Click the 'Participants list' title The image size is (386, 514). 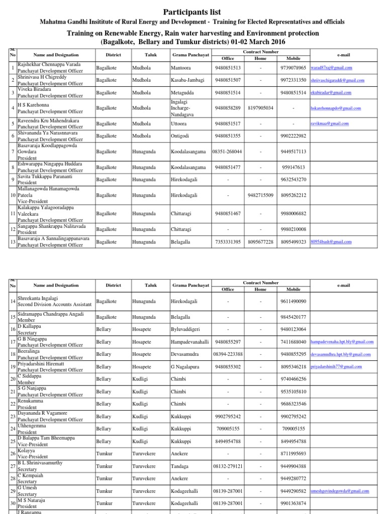tap(192, 12)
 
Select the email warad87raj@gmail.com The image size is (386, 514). tap(331, 67)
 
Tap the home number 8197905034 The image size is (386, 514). tap(260, 108)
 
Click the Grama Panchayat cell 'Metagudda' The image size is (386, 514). tap(184, 92)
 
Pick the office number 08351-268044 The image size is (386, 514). tap(227, 151)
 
